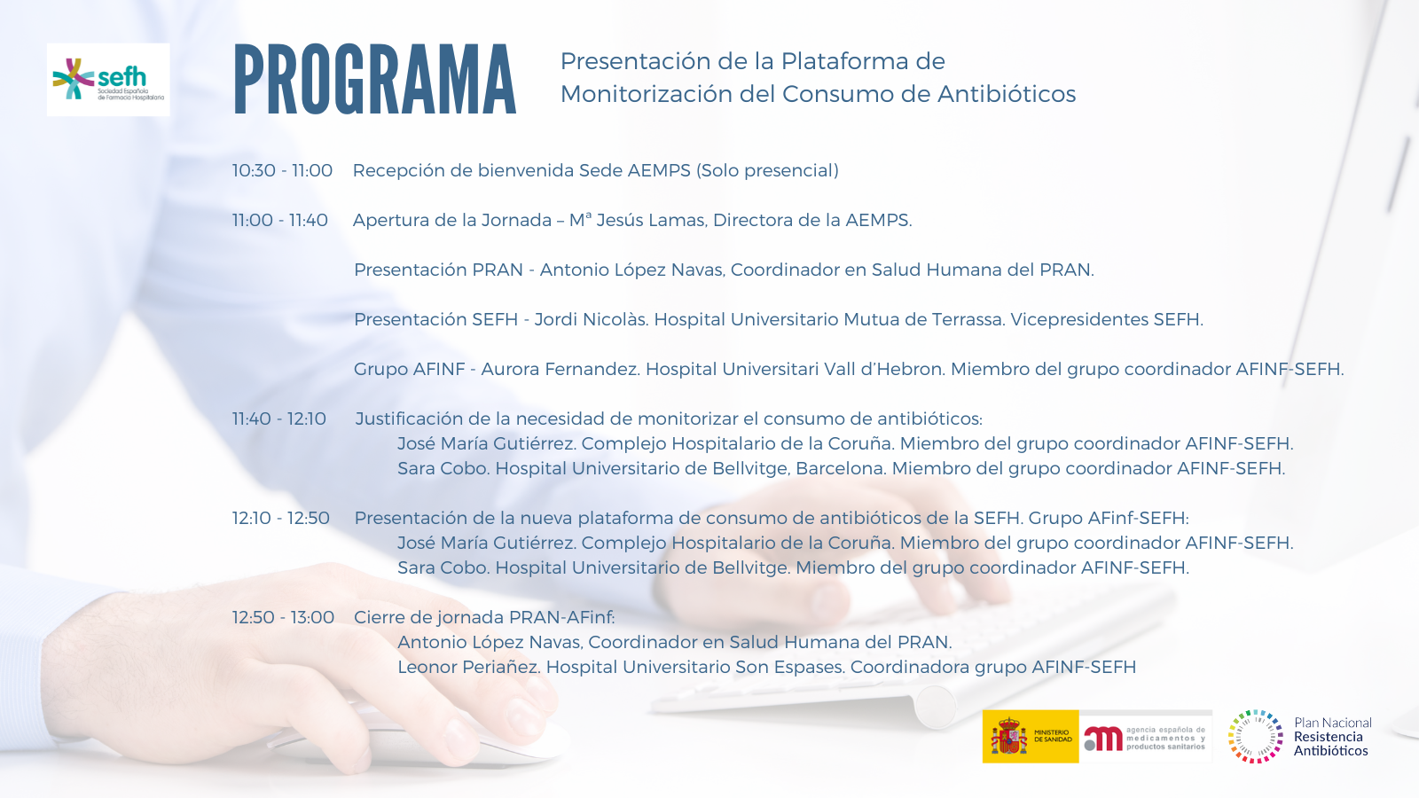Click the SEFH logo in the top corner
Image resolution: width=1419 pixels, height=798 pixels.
pos(108,80)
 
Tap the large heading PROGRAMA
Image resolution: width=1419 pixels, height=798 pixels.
pos(375,80)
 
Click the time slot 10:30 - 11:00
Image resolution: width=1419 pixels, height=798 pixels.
pos(282,170)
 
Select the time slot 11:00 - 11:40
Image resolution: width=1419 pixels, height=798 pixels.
pos(280,221)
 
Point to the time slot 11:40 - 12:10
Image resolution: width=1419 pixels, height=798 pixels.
pos(279,419)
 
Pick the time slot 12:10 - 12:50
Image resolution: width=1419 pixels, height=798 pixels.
pos(280,518)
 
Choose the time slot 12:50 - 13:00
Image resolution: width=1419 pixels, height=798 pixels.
pos(283,617)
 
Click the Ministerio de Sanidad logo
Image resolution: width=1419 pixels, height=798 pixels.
pos(1030,737)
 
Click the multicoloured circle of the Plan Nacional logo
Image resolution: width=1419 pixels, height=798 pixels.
pos(1255,737)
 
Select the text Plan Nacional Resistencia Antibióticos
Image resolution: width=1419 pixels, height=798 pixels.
pos(1332,737)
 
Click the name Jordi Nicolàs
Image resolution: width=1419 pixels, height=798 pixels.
pos(591,319)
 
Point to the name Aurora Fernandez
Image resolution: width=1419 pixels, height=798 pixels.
pos(560,369)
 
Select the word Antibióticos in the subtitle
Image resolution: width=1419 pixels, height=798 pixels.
pos(1007,94)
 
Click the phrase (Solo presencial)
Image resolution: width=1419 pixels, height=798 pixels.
pos(767,171)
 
